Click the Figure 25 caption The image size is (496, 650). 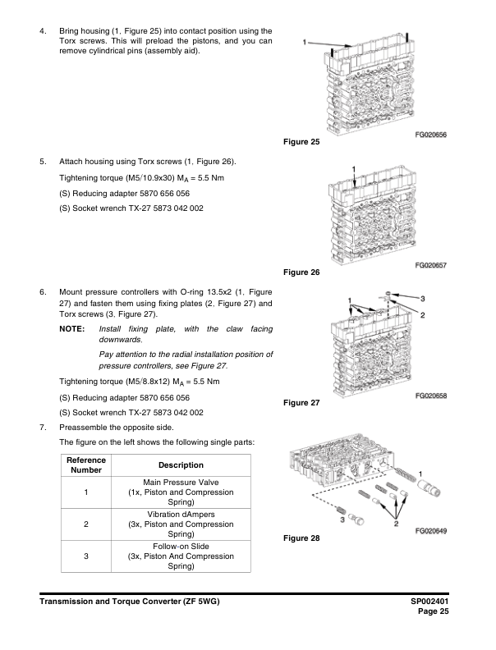301,143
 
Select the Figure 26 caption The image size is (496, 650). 301,272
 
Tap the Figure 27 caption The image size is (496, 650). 301,403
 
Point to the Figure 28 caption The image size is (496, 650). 301,538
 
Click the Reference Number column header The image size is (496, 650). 85,465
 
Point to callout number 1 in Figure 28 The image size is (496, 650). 421,474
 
